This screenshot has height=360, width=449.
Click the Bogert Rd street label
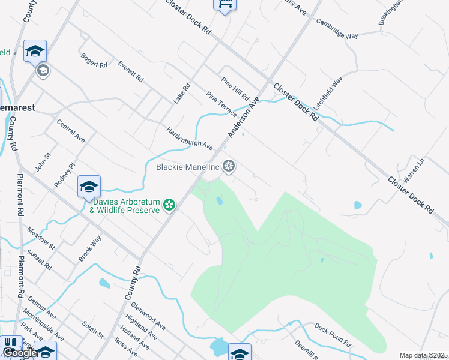coord(94,60)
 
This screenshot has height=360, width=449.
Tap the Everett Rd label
coord(131,71)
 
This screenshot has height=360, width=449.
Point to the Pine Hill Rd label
coord(235,88)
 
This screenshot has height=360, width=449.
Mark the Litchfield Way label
coord(328,91)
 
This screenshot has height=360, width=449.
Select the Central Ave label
coord(71,130)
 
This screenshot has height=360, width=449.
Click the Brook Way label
coord(90,248)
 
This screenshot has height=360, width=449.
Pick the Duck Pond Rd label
coord(332,334)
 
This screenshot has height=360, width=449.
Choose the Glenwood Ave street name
coord(148,316)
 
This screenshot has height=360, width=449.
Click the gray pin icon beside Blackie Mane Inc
coord(229,166)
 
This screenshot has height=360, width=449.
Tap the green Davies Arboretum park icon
coord(170,205)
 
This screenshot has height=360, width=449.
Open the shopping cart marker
coord(224,5)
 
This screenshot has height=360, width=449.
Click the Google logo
coord(19,353)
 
